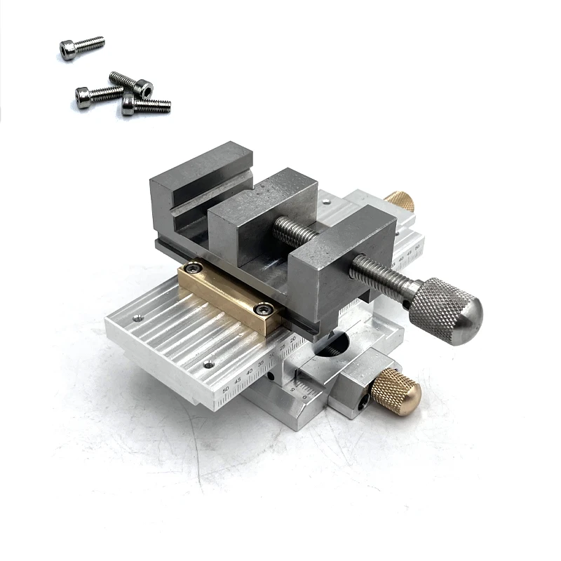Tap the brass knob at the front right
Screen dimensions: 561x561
click(396, 391)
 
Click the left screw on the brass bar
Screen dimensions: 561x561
click(189, 266)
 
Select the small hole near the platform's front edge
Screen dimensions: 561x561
click(208, 363)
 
